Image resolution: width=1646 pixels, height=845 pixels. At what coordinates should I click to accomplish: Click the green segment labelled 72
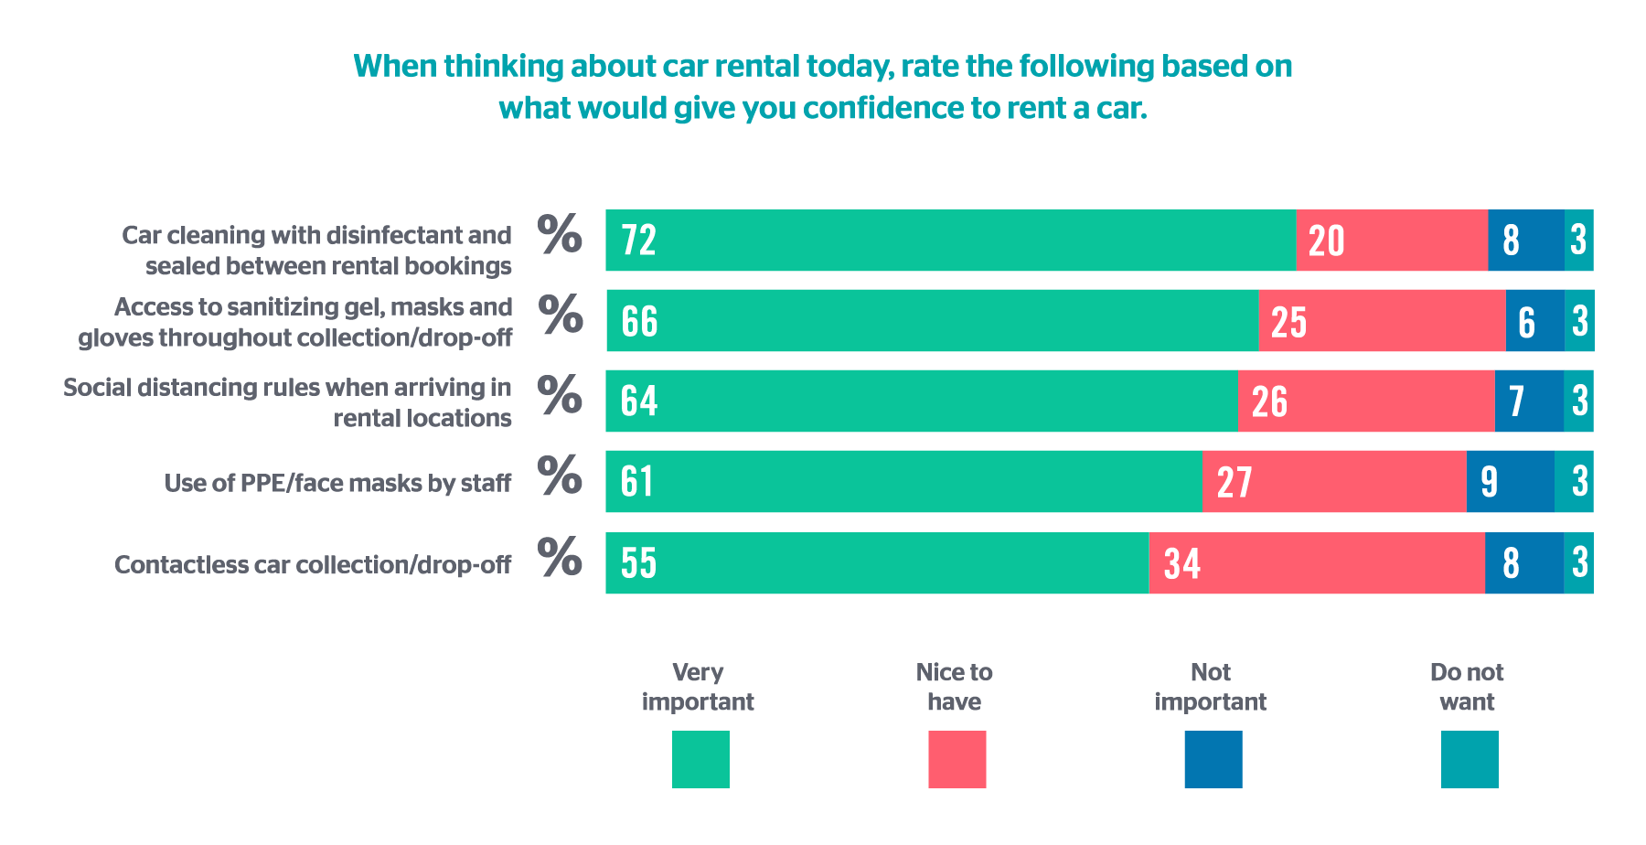[951, 241]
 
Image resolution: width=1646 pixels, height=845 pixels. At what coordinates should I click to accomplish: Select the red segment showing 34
[1317, 562]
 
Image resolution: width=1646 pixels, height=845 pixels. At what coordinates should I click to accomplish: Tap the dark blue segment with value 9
[1511, 481]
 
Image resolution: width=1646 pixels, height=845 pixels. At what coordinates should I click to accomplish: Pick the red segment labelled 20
[1392, 241]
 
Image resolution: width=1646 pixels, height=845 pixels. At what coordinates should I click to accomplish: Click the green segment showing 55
[877, 562]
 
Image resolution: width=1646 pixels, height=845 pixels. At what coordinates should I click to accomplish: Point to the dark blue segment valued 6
[1535, 321]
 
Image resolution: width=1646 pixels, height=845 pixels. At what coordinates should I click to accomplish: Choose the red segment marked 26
[1366, 401]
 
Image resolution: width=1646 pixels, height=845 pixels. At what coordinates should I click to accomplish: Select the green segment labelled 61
[904, 481]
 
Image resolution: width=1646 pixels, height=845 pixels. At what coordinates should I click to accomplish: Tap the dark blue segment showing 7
[1529, 401]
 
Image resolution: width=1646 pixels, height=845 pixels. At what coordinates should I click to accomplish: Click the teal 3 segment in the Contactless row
[1578, 562]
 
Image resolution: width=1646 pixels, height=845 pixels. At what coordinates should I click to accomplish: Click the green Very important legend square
[700, 759]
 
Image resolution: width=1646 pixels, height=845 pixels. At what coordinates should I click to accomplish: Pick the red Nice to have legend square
[957, 759]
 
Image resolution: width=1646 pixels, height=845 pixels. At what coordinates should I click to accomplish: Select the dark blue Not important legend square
[1213, 759]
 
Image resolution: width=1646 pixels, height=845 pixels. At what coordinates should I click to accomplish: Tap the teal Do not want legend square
[1470, 759]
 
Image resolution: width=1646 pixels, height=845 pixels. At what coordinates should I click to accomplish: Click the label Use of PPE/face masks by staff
[337, 483]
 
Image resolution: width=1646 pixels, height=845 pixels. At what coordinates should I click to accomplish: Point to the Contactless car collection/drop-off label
[313, 564]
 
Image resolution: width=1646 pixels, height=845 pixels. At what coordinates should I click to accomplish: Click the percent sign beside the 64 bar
[560, 394]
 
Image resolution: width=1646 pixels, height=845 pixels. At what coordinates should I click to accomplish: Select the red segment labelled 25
[1383, 321]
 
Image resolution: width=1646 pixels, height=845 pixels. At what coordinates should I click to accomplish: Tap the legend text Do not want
[1467, 687]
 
